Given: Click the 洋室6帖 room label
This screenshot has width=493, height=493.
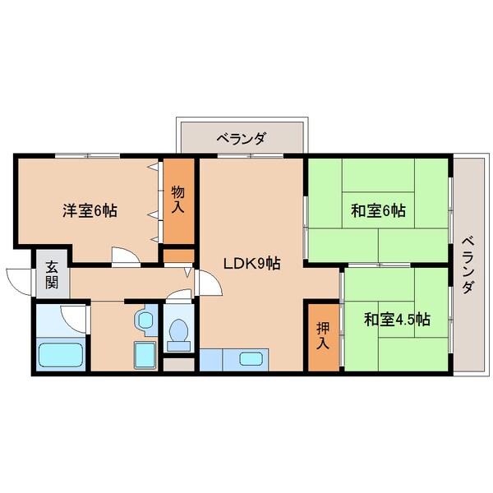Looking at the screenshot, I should pos(90,210).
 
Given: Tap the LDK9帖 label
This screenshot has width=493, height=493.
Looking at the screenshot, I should pos(253,264).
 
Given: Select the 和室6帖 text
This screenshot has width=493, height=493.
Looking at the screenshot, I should pos(378,210).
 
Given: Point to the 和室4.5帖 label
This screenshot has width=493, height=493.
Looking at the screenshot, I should pos(398,318).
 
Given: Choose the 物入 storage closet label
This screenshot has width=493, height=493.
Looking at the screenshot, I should pos(177,200).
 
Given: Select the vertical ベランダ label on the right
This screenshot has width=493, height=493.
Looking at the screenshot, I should pos(467,265).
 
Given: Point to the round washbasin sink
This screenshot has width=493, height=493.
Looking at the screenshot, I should pos(146,318).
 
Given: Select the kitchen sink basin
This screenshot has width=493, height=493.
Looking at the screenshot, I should pos(251,359).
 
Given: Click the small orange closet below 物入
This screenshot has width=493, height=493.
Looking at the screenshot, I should pos(177,255).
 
